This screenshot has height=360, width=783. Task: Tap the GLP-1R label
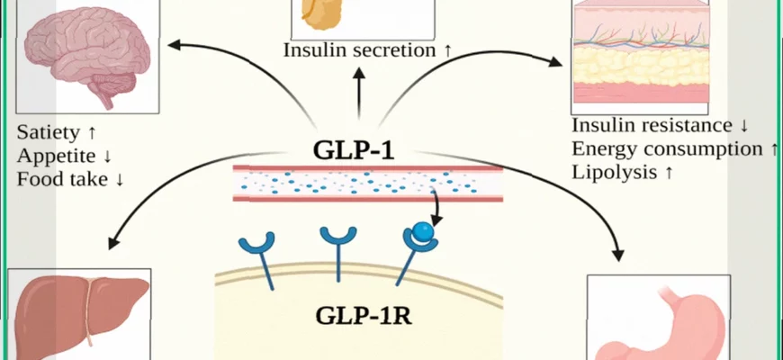click(357, 316)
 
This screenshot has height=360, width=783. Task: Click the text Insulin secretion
click(359, 49)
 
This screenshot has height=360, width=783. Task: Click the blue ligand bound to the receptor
click(423, 230)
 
